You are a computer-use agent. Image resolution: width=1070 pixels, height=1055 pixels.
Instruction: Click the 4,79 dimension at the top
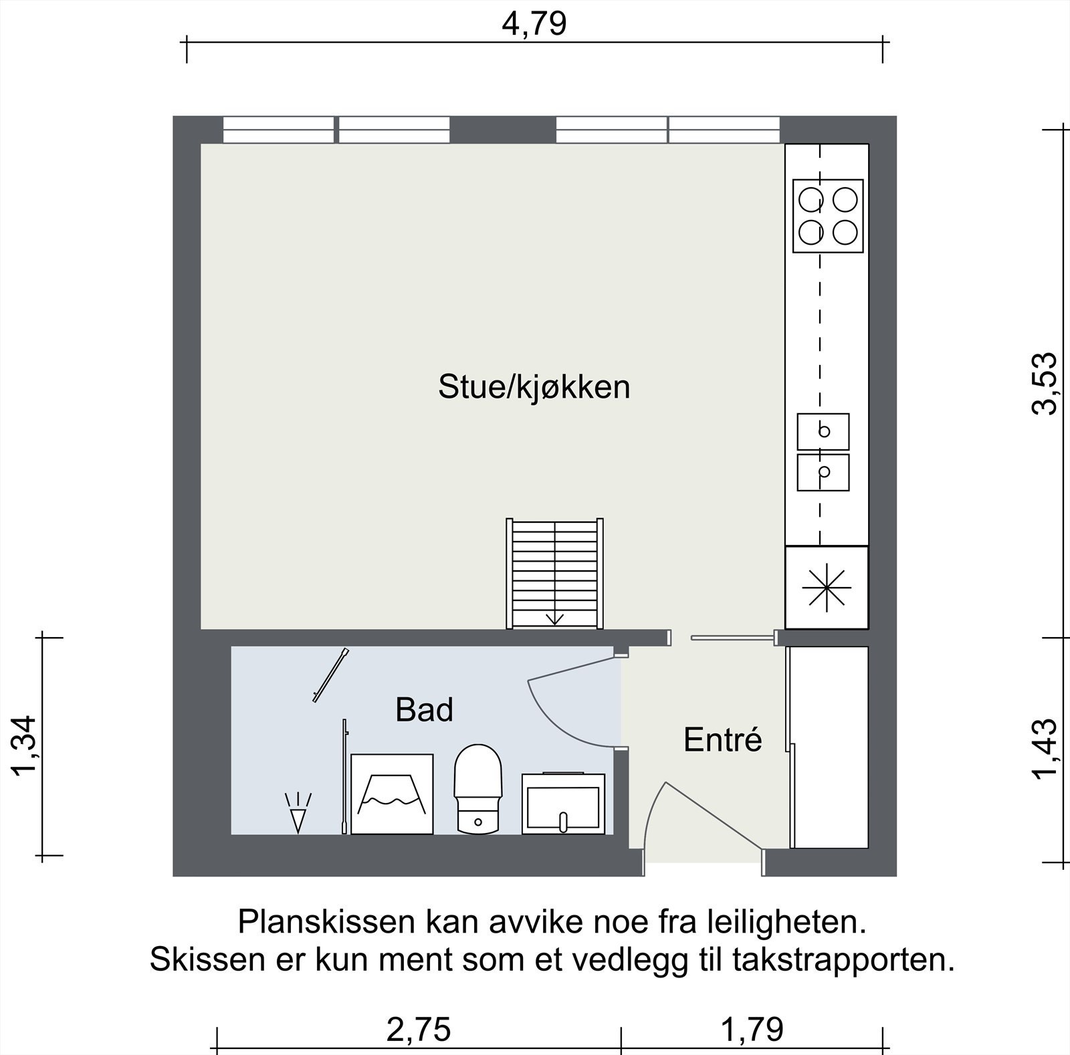(x=534, y=23)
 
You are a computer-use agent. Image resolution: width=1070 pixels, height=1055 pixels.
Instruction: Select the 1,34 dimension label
(x=24, y=745)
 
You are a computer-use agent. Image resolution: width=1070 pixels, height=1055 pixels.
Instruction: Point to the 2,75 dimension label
(x=419, y=1030)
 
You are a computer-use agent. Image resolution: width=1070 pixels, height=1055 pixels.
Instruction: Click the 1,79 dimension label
(x=752, y=1030)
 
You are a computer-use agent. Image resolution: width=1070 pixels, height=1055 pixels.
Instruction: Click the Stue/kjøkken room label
(x=534, y=387)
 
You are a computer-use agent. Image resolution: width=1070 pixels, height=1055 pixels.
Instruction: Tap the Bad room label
(x=424, y=709)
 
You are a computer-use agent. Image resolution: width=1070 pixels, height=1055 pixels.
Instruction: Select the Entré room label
(x=722, y=739)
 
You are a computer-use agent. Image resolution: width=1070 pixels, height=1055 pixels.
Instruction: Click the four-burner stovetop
(x=828, y=216)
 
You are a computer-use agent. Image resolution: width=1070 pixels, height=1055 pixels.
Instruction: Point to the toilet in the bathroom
(x=478, y=789)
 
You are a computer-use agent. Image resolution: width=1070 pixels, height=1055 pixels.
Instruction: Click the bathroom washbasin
(x=563, y=804)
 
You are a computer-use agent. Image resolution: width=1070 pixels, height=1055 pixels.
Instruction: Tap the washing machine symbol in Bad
(x=392, y=794)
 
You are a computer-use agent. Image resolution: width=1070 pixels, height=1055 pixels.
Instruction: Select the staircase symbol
(x=554, y=574)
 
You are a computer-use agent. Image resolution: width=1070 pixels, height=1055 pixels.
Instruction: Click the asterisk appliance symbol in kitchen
(x=827, y=588)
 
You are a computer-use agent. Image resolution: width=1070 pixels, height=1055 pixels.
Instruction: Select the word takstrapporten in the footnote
(x=843, y=960)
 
